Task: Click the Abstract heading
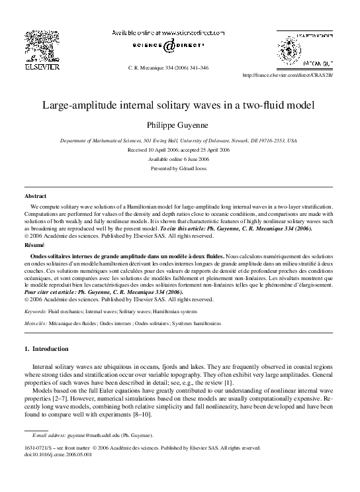(x=35, y=197)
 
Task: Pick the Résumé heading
(x=34, y=245)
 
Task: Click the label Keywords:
(x=35, y=311)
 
